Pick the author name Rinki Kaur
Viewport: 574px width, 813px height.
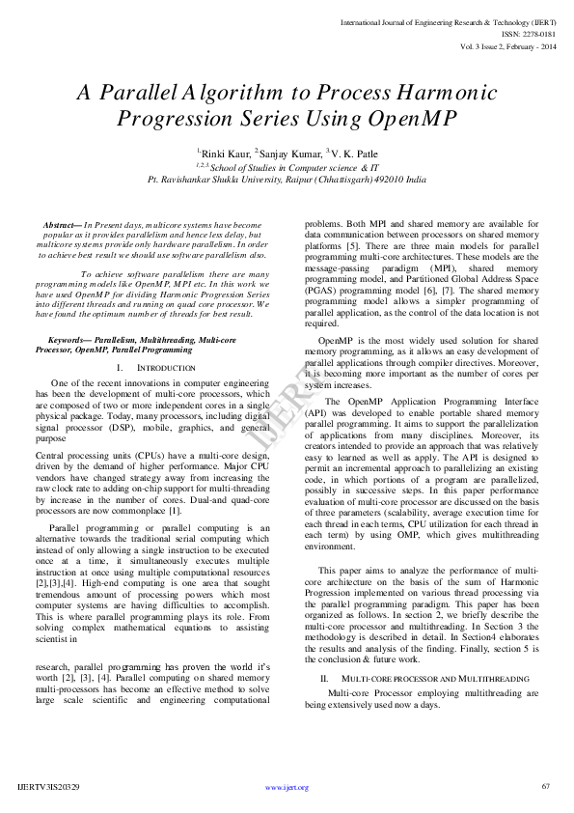(x=225, y=153)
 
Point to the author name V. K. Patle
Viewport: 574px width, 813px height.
(x=354, y=153)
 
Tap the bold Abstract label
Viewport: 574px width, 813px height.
(x=63, y=225)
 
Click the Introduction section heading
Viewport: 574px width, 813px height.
(x=151, y=369)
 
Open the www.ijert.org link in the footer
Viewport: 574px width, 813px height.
(x=287, y=787)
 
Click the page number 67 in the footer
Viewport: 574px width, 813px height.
(x=545, y=787)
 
